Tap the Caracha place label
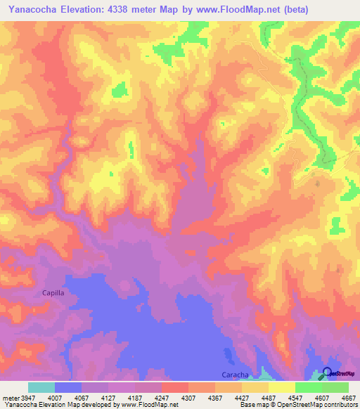point(235,375)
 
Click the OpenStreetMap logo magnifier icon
point(327,373)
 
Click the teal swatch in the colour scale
point(41,387)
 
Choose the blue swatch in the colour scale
point(68,387)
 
